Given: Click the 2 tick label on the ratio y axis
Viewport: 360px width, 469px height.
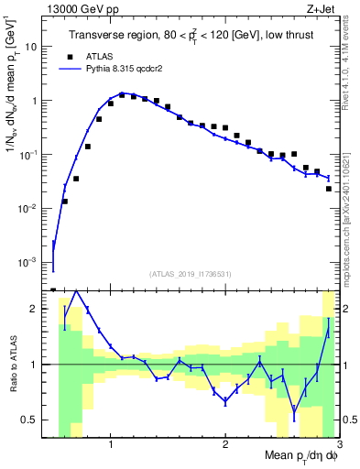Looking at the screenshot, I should (x=37, y=309).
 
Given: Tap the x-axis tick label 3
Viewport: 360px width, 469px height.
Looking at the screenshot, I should (x=339, y=443).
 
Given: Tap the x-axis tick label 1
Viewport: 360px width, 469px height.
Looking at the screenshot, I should (x=111, y=443).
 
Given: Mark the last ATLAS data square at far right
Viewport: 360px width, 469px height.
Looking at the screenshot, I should (x=329, y=189).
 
